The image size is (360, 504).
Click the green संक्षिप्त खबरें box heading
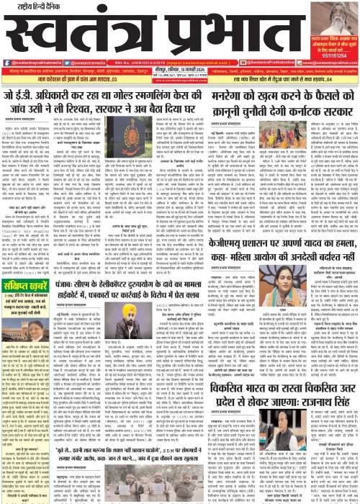(28, 279)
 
